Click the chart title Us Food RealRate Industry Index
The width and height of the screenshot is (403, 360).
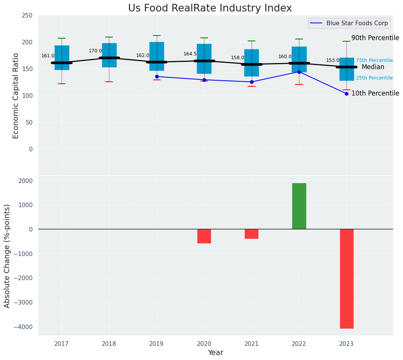point(210,8)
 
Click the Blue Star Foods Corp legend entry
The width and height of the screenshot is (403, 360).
point(357,23)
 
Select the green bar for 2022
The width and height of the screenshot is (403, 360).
point(299,206)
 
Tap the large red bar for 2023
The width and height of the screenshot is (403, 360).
point(346,279)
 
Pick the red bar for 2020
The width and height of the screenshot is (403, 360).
point(204,236)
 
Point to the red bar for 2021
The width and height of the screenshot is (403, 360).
point(252,234)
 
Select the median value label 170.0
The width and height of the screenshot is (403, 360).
point(95,51)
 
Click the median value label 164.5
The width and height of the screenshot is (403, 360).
point(190,54)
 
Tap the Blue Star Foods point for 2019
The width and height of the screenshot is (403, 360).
point(157,76)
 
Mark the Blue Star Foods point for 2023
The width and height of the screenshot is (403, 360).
point(346,94)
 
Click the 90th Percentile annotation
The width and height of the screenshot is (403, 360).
point(375,38)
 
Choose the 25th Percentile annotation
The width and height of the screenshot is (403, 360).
point(374,78)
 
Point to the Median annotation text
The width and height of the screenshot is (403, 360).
point(373,67)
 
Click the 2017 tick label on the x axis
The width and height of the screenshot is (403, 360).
point(62,344)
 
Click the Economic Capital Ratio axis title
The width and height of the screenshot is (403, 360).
point(16,96)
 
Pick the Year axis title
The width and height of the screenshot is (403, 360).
point(216,353)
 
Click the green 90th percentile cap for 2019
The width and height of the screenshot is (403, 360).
point(157,36)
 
